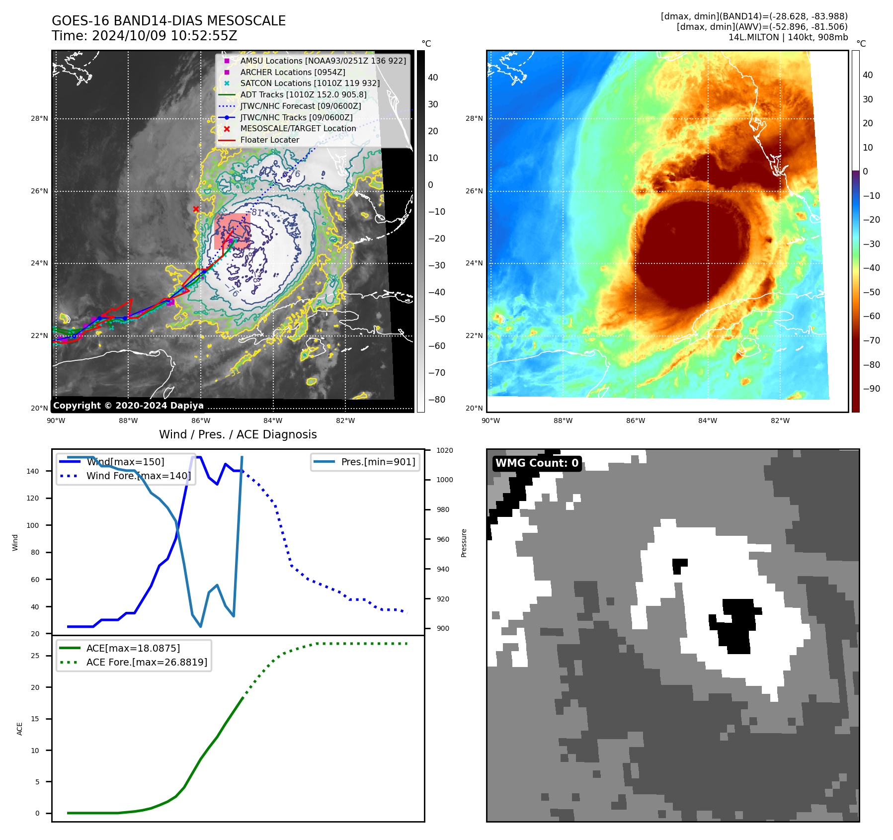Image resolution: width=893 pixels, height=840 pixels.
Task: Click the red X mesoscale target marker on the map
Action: tap(196, 209)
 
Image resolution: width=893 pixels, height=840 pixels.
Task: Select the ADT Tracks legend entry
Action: tap(303, 95)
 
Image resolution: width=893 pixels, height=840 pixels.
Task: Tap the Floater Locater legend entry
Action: tap(269, 140)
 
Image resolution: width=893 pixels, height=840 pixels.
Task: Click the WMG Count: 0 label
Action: tap(537, 463)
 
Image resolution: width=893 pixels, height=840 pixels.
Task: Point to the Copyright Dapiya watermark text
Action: tap(128, 406)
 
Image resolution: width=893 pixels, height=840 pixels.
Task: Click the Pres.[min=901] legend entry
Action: tap(378, 462)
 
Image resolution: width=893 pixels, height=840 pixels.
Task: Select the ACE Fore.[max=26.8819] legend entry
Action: tap(147, 662)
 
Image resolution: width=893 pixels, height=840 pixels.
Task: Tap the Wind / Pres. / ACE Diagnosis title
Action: tap(238, 434)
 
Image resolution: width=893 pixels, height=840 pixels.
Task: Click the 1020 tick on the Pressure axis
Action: tap(444, 451)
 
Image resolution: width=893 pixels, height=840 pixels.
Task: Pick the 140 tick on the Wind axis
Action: tap(33, 471)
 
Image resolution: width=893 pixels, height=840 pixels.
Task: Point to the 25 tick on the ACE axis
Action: tap(35, 656)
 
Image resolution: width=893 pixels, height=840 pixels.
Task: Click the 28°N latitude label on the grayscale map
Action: tap(39, 119)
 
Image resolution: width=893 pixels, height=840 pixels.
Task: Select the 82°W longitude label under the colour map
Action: tap(780, 421)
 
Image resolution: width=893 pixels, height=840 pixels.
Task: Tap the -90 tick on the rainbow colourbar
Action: tap(871, 389)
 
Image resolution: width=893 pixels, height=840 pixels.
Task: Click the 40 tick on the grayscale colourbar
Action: tap(433, 78)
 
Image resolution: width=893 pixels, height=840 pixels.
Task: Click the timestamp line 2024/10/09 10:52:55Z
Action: tap(144, 36)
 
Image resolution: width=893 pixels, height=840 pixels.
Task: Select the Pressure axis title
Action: tap(464, 543)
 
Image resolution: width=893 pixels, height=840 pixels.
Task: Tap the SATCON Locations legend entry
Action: tap(310, 84)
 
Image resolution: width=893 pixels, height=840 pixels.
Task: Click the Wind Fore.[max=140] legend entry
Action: tap(138, 476)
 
